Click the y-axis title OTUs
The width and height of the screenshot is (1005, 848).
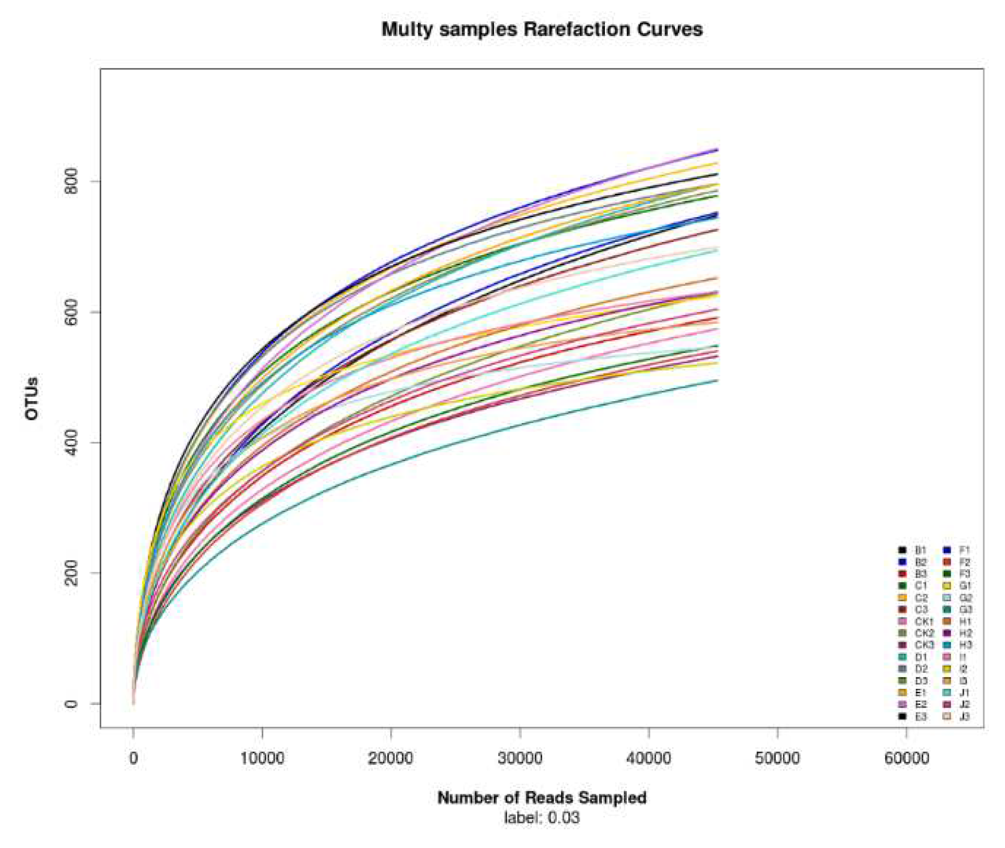coord(31,399)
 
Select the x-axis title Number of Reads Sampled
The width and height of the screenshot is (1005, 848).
coord(542,798)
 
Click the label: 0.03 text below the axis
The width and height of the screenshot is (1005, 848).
coord(542,818)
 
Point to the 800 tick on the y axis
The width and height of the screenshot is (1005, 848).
coord(71,181)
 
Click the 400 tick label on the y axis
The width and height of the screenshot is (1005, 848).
coord(71,442)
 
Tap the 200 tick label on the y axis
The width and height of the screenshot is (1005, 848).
coord(71,573)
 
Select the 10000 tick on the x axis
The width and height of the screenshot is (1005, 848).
coord(262,759)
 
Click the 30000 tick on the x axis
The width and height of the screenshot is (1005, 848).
coord(520,759)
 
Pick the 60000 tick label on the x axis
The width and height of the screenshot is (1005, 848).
coord(906,759)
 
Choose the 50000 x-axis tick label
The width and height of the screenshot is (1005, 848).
coord(777,759)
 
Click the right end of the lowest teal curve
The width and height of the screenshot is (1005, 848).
coord(716,381)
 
